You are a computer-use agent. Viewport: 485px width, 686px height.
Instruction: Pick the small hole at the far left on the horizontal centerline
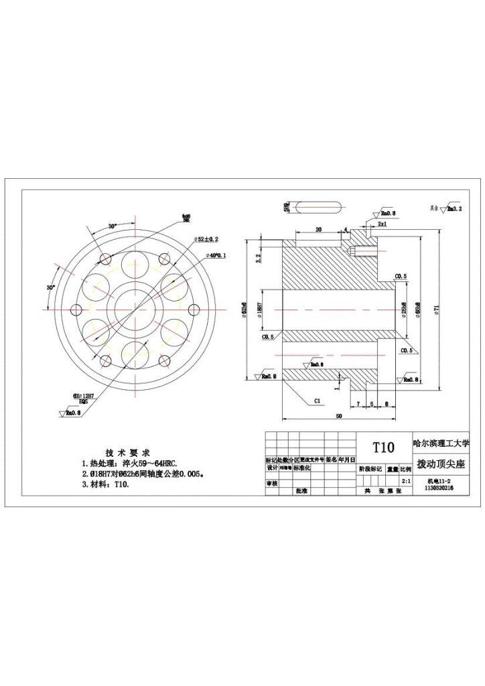point(76,310)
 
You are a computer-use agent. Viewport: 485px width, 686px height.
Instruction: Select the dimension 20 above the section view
point(318,229)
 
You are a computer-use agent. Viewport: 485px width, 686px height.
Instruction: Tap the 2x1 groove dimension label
point(382,223)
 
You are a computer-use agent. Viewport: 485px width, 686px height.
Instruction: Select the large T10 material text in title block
point(384,448)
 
